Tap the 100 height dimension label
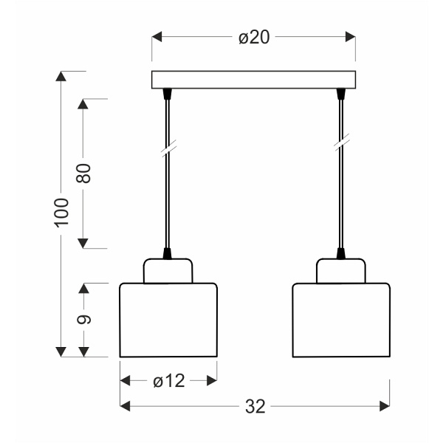[x=61, y=213]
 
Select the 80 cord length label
[x=83, y=173]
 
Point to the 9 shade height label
[x=84, y=319]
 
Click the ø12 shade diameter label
[x=168, y=381]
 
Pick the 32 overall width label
[x=255, y=406]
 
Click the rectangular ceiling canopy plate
[x=253, y=79]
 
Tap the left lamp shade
[x=168, y=320]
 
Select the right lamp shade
[x=341, y=320]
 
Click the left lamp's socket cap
[x=168, y=270]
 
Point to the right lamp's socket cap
[x=341, y=270]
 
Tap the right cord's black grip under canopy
[x=341, y=94]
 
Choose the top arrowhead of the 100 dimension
[x=61, y=77]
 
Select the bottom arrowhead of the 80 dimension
[x=83, y=243]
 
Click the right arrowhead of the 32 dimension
[x=384, y=406]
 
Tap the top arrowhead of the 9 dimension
[x=84, y=288]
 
